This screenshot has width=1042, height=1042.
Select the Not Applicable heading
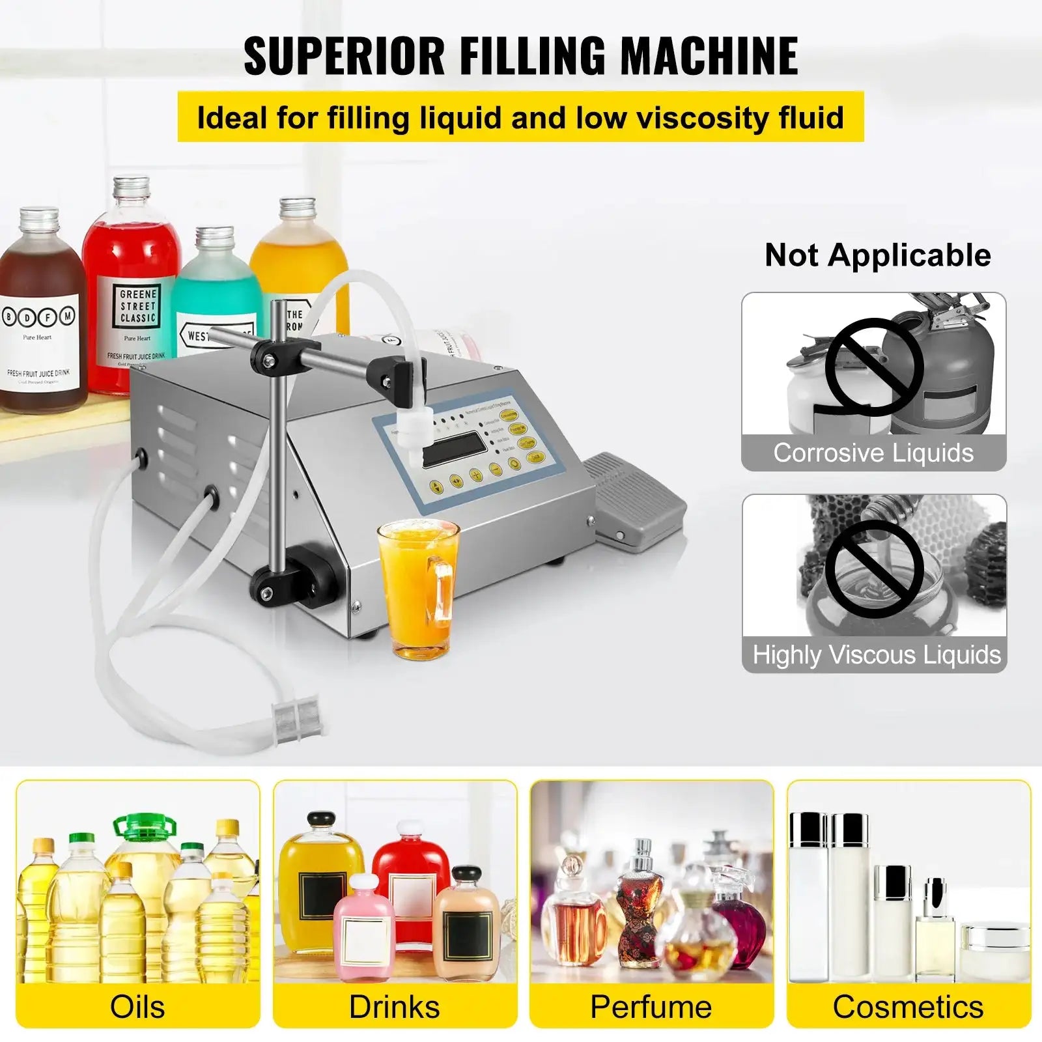pyautogui.click(x=877, y=255)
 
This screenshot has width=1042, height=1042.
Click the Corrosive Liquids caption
pyautogui.click(x=873, y=453)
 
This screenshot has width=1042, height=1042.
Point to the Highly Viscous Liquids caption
pyautogui.click(x=876, y=655)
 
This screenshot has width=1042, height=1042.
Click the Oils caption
pyautogui.click(x=137, y=1006)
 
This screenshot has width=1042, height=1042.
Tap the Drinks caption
pyautogui.click(x=395, y=1006)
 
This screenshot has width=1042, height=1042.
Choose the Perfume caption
pyautogui.click(x=651, y=1006)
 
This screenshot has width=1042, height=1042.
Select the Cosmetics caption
pyautogui.click(x=908, y=1006)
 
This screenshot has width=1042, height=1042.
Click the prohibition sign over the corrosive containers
pyautogui.click(x=873, y=367)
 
